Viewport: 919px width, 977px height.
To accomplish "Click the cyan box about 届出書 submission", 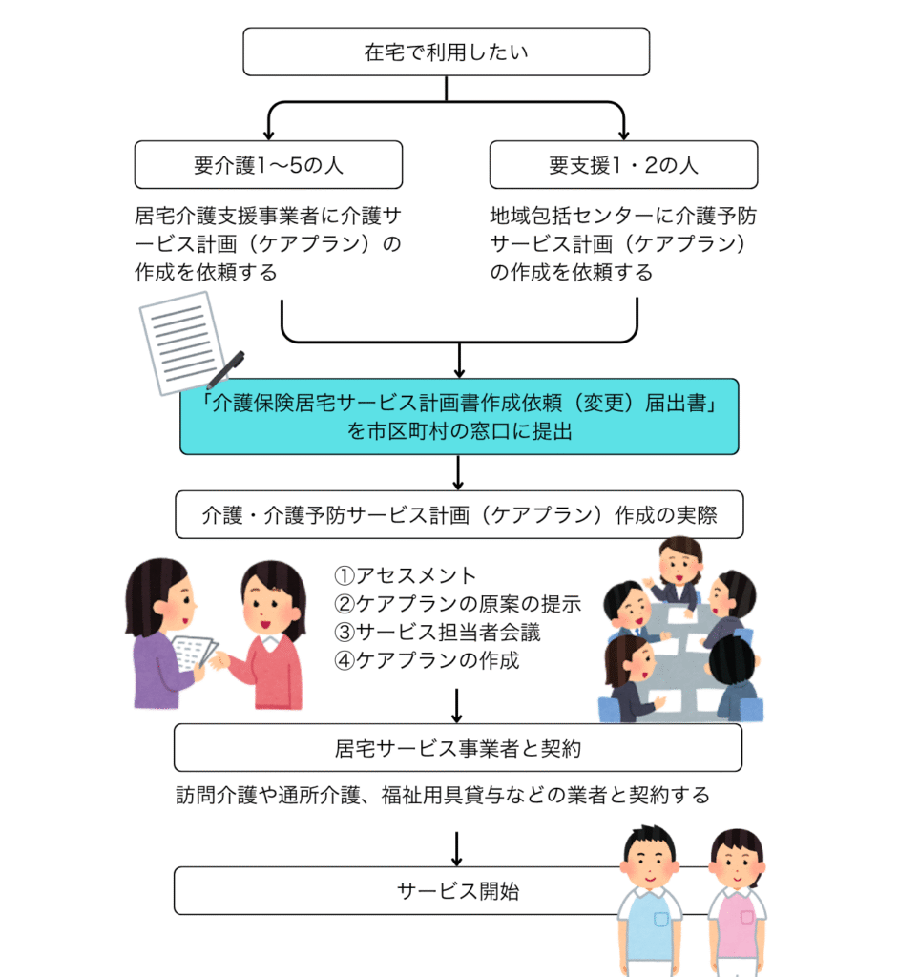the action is (x=459, y=416).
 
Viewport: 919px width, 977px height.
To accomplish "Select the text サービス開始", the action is (x=458, y=891).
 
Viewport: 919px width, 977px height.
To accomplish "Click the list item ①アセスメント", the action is (x=405, y=575).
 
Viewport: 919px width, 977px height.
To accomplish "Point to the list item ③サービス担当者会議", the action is (x=437, y=632).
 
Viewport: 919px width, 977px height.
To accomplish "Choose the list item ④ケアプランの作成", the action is (x=427, y=660).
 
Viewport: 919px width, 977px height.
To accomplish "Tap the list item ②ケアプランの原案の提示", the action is (x=458, y=603).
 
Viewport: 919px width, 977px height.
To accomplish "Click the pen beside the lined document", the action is (x=225, y=369).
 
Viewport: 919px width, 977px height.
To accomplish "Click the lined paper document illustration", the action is (x=182, y=343).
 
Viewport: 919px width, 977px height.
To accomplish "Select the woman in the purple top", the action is (x=167, y=634).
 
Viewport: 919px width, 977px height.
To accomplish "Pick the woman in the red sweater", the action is (x=269, y=635).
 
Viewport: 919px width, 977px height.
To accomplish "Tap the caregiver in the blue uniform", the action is (x=650, y=901).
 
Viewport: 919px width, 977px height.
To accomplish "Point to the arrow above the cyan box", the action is (x=459, y=360).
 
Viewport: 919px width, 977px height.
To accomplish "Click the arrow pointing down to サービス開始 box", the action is (x=457, y=849).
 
